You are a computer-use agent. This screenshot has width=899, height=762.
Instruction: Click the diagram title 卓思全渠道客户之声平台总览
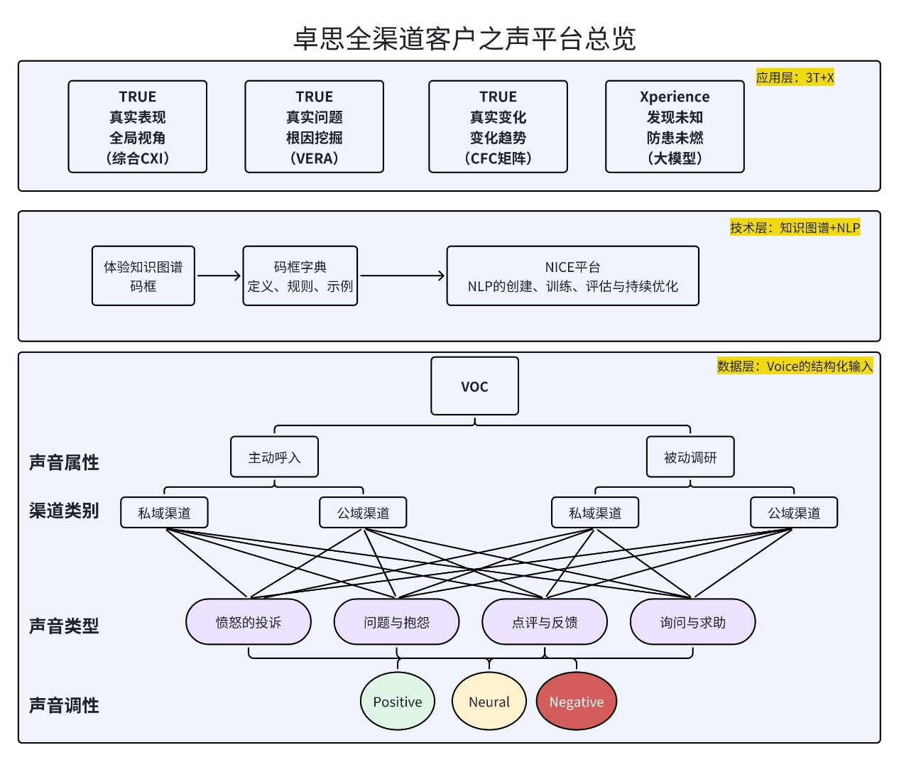[464, 38]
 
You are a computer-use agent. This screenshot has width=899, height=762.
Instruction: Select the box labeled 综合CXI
[137, 126]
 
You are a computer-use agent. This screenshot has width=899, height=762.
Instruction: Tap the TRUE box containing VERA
[314, 126]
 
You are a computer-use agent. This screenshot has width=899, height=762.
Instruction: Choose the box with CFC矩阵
[498, 126]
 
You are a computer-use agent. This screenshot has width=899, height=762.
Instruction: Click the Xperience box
[675, 126]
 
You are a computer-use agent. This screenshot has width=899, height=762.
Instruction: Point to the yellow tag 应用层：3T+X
[795, 77]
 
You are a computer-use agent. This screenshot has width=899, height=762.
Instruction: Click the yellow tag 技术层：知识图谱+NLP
[795, 227]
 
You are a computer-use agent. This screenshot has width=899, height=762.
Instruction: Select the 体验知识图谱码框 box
[143, 276]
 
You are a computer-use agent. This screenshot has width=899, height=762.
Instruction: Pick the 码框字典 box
[300, 276]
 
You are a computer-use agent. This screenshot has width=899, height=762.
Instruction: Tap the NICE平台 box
[572, 276]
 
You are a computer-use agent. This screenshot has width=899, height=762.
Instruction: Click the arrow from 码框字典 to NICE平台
[402, 276]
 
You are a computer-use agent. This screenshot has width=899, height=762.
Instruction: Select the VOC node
[474, 386]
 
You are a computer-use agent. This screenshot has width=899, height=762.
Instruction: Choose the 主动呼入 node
[274, 457]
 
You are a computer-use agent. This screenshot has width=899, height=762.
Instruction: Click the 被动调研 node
[690, 457]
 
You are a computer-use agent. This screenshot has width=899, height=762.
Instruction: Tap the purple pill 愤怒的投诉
[249, 622]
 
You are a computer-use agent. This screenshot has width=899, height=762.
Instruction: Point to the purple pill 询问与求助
[692, 622]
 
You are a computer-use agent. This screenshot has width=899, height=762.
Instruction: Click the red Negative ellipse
[576, 702]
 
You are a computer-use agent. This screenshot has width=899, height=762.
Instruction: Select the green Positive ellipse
[398, 702]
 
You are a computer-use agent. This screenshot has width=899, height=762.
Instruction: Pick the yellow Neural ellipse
[489, 702]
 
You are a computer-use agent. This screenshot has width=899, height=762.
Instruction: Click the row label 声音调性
[64, 705]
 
